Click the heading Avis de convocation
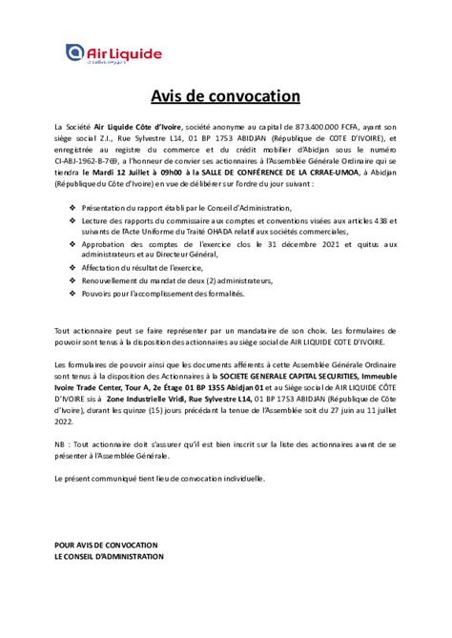tap(225, 97)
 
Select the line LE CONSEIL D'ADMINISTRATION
tap(109, 556)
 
